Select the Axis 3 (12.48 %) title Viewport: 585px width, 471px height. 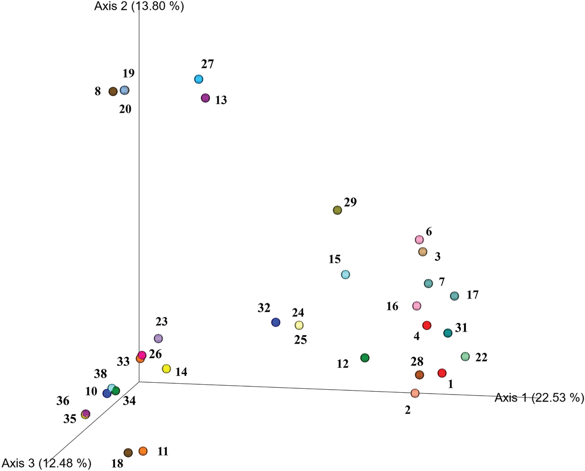pos(45,463)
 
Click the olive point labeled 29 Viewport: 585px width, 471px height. pos(337,210)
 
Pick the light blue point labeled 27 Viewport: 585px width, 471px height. pos(198,79)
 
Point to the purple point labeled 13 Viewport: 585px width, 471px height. pos(205,98)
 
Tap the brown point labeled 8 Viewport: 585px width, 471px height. pos(113,91)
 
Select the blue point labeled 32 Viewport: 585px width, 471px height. pos(276,323)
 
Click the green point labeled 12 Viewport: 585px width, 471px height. pos(365,357)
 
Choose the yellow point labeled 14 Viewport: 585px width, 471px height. pos(166,369)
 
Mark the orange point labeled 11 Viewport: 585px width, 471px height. pos(143,451)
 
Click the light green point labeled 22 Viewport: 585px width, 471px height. pos(465,356)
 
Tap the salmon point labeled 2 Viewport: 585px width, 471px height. pos(415,393)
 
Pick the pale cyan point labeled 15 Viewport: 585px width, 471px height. pos(346,275)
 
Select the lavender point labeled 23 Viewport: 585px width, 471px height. pos(158,339)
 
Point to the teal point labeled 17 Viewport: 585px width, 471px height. pos(454,296)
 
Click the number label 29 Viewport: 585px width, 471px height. pos(350,202)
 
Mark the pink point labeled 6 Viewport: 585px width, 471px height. pos(419,239)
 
